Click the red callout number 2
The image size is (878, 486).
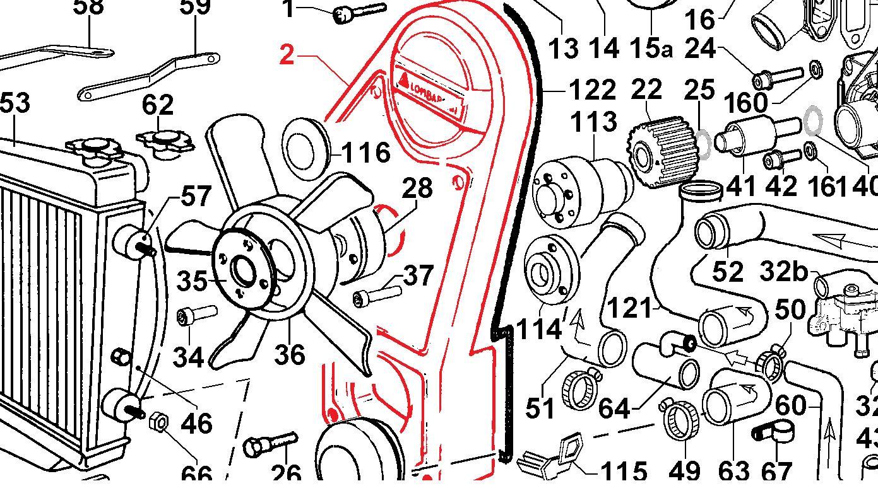(x=287, y=55)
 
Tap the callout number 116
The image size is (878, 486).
(x=365, y=153)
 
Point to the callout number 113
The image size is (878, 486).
(x=594, y=122)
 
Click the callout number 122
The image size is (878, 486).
(x=591, y=91)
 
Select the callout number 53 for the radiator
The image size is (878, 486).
(x=14, y=102)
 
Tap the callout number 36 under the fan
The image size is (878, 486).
(x=290, y=354)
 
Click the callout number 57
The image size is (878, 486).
(x=196, y=196)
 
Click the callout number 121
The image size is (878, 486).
(x=629, y=308)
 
